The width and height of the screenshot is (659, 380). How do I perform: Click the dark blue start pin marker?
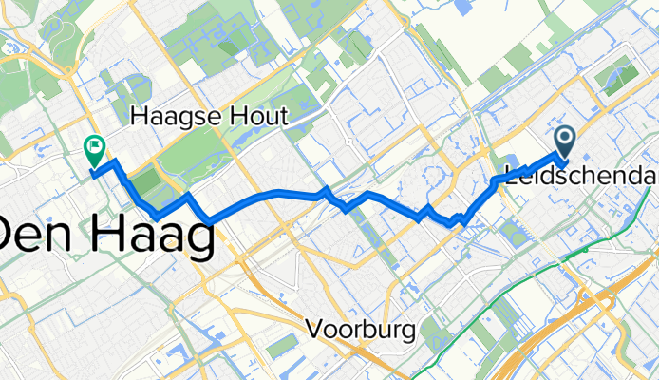point(564,142)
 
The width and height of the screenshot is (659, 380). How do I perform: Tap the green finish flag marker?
point(95,148)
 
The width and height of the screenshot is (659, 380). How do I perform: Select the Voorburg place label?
point(362,330)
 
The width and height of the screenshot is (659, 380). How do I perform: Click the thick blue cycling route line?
point(285,194)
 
